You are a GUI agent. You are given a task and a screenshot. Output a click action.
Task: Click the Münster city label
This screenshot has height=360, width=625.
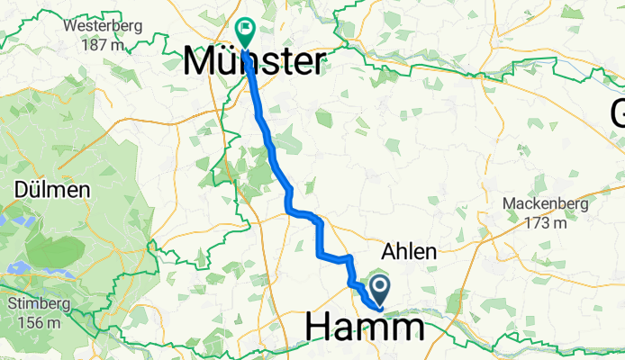[255, 61]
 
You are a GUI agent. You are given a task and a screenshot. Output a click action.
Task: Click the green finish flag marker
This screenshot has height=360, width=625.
[243, 31]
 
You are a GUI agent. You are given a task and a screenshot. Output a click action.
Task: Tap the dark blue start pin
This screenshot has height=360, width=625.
[380, 288]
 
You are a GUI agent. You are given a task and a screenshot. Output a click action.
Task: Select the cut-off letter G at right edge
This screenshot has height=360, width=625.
[618, 114]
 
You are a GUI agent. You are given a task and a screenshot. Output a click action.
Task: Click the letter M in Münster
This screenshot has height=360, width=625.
[201, 61]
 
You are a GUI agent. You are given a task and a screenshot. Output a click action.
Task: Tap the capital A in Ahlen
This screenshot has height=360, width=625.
[390, 253]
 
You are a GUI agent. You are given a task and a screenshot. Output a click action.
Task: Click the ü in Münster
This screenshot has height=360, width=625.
[231, 61]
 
